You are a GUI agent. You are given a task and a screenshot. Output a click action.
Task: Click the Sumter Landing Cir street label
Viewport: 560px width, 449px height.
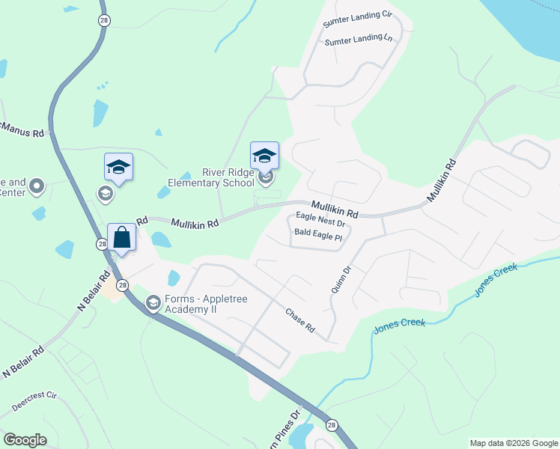[357, 17]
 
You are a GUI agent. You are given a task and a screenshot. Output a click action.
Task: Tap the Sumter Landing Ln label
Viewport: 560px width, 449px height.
[358, 39]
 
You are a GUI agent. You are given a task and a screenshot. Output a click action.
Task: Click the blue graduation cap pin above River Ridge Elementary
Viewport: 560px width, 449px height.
[264, 156]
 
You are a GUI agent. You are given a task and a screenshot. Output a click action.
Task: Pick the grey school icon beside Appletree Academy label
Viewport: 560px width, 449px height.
[153, 302]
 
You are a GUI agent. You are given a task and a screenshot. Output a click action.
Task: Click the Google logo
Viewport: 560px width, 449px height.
[25, 439]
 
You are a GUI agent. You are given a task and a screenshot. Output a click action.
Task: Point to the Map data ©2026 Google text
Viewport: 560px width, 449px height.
[514, 443]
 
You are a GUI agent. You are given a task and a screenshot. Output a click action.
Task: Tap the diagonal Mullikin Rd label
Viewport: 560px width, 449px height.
[441, 183]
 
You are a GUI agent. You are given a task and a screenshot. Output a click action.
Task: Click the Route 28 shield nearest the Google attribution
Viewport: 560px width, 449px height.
[331, 424]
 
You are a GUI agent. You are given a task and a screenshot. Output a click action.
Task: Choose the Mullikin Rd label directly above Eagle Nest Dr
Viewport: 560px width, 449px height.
[334, 209]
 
